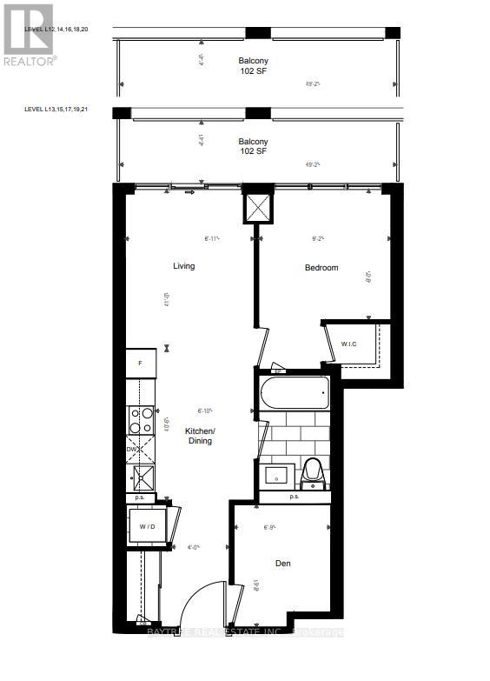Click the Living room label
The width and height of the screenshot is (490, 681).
coord(183,266)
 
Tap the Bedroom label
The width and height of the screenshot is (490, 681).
coord(321,268)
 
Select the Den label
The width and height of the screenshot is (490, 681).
coord(283,564)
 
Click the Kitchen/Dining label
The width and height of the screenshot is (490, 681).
coord(198,436)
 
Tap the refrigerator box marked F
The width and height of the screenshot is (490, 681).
coord(140,361)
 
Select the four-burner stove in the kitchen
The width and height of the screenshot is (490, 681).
coord(141,420)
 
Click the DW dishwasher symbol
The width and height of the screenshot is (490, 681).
coord(139,450)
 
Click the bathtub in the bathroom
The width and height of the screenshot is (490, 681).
coord(294,394)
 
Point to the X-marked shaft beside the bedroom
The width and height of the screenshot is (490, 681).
coord(258,207)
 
